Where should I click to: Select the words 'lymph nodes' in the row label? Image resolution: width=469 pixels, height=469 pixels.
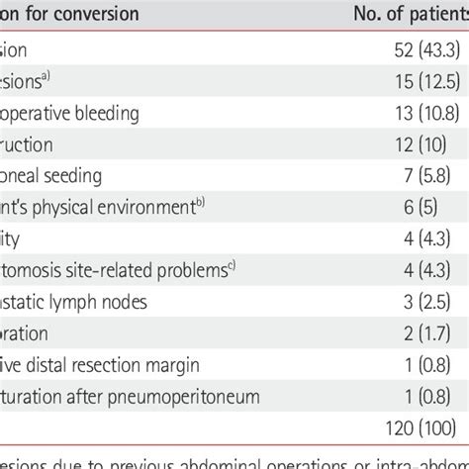tap(108, 302)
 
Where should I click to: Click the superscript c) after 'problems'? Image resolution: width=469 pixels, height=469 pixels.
tap(232, 265)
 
